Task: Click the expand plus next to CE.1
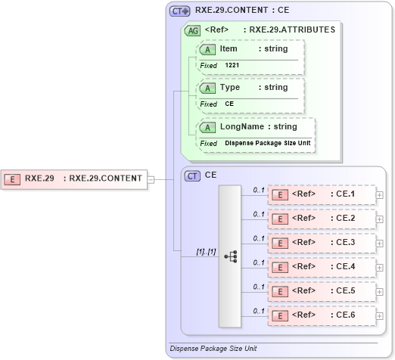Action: pos(379,195)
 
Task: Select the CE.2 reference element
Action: pos(322,219)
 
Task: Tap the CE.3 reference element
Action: pos(322,243)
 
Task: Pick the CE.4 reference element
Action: pos(322,267)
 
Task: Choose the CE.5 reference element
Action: pos(322,291)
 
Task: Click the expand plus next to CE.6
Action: pos(379,315)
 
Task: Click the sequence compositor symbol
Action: pos(231,257)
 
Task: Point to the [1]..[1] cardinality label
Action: pos(207,251)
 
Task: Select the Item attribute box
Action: pos(250,49)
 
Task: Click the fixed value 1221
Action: pos(234,66)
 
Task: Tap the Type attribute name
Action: pos(230,88)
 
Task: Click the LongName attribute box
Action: pos(255,127)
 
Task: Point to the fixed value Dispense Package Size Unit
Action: pos(268,143)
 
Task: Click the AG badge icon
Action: pos(193,30)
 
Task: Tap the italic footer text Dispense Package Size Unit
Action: pos(214,349)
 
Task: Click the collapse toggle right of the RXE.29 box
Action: pos(151,179)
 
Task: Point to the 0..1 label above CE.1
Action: pos(259,189)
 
